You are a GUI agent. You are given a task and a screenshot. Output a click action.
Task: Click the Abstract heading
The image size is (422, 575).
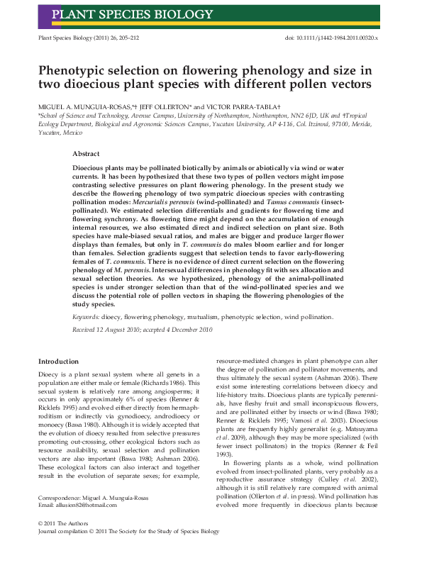click(x=86, y=153)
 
